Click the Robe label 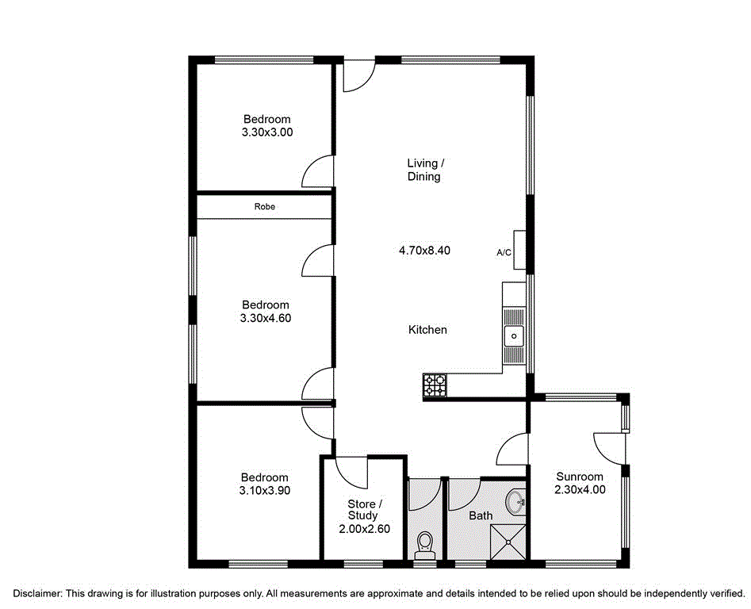264,206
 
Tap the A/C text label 504,253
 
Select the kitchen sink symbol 514,336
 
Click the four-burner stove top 435,385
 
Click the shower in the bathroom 507,543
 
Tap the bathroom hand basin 515,501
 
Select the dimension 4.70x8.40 423,251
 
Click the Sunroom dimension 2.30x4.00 579,490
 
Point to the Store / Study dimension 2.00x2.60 363,529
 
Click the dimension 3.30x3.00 266,133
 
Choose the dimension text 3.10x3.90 265,491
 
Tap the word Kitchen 427,330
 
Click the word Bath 481,515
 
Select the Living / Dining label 423,170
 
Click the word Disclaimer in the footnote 36,593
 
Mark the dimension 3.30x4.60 266,318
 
